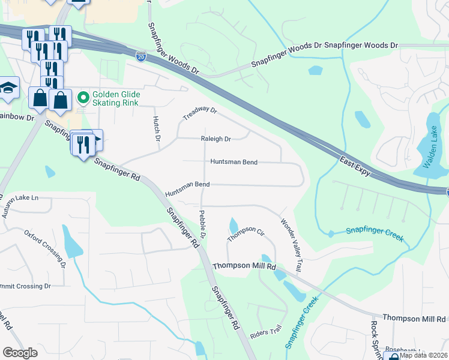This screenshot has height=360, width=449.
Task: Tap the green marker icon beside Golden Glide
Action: (x=83, y=95)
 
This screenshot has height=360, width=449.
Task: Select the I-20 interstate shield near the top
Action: (x=140, y=56)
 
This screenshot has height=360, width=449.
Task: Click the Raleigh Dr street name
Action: (x=215, y=139)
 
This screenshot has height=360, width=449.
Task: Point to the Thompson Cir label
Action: (x=246, y=234)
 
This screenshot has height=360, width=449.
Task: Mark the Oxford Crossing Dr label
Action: (x=45, y=247)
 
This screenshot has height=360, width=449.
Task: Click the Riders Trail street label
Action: (x=268, y=331)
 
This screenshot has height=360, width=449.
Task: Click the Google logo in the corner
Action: (x=20, y=353)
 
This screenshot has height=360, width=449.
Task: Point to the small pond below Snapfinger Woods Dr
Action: (x=315, y=70)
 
